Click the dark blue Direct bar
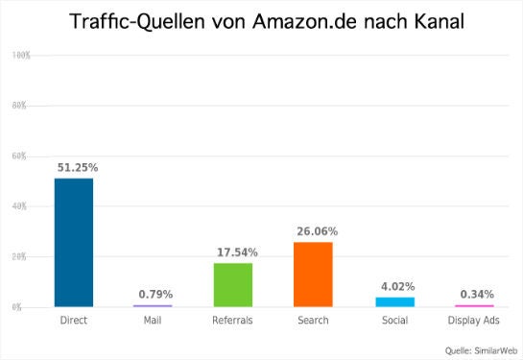(x=74, y=242)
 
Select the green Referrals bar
(x=232, y=285)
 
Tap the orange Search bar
(x=312, y=275)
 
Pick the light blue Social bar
(x=394, y=301)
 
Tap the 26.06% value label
(x=317, y=231)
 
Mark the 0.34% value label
(x=475, y=294)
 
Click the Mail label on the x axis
(x=153, y=321)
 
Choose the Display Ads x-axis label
(x=473, y=321)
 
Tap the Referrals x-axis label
(x=232, y=321)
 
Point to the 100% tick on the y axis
(x=21, y=56)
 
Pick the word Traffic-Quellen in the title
(x=132, y=21)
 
